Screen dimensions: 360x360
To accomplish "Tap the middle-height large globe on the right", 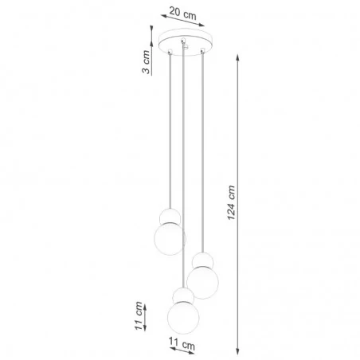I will (x=203, y=281).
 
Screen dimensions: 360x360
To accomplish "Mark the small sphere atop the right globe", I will (x=203, y=260).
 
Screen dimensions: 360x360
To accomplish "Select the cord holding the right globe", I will (x=203, y=151).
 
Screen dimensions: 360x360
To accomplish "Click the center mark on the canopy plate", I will (x=185, y=41).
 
